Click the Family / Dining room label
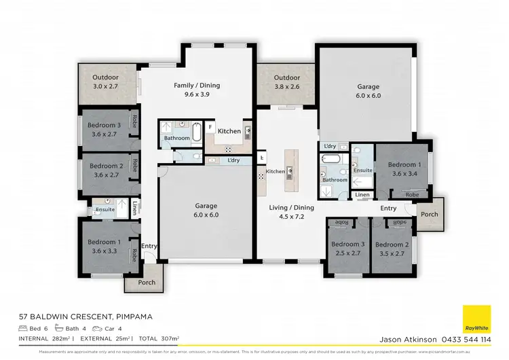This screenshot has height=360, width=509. point(197,90)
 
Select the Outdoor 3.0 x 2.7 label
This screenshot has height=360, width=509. point(106,82)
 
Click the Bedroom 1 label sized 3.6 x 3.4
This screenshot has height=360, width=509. point(404,169)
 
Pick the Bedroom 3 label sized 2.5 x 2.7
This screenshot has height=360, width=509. point(345,249)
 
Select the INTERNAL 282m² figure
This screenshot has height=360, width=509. point(44,338)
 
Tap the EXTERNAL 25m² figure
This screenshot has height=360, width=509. point(105,338)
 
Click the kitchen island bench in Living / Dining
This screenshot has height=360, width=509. point(289,170)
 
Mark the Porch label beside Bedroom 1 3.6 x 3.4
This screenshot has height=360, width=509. point(429,214)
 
